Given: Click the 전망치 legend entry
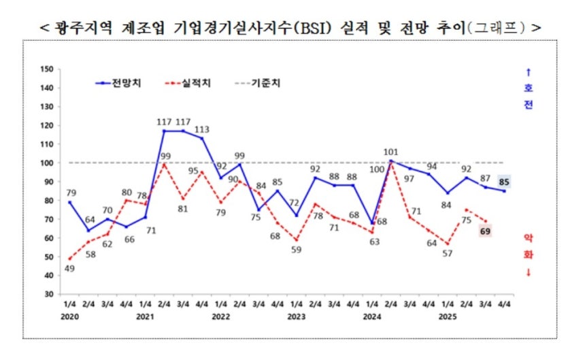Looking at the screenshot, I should (x=127, y=84).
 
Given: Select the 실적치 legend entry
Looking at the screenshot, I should (x=197, y=84).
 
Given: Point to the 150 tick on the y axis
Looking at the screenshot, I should (x=46, y=69).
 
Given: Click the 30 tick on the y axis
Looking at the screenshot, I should (x=48, y=295).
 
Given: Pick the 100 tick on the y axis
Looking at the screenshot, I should (x=46, y=163).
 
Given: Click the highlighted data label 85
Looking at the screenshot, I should (x=504, y=182).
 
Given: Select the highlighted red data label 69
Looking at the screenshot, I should (x=485, y=232).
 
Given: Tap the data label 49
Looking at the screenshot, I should (x=69, y=268).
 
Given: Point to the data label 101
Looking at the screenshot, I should (x=391, y=152).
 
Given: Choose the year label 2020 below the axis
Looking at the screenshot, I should (x=69, y=317).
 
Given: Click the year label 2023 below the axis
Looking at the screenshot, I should (x=296, y=317).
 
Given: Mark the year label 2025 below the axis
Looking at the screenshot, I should (x=448, y=317).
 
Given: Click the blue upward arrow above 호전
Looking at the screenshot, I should (x=529, y=71).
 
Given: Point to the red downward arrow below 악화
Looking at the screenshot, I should (x=528, y=273).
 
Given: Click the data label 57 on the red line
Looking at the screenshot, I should (x=448, y=254).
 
